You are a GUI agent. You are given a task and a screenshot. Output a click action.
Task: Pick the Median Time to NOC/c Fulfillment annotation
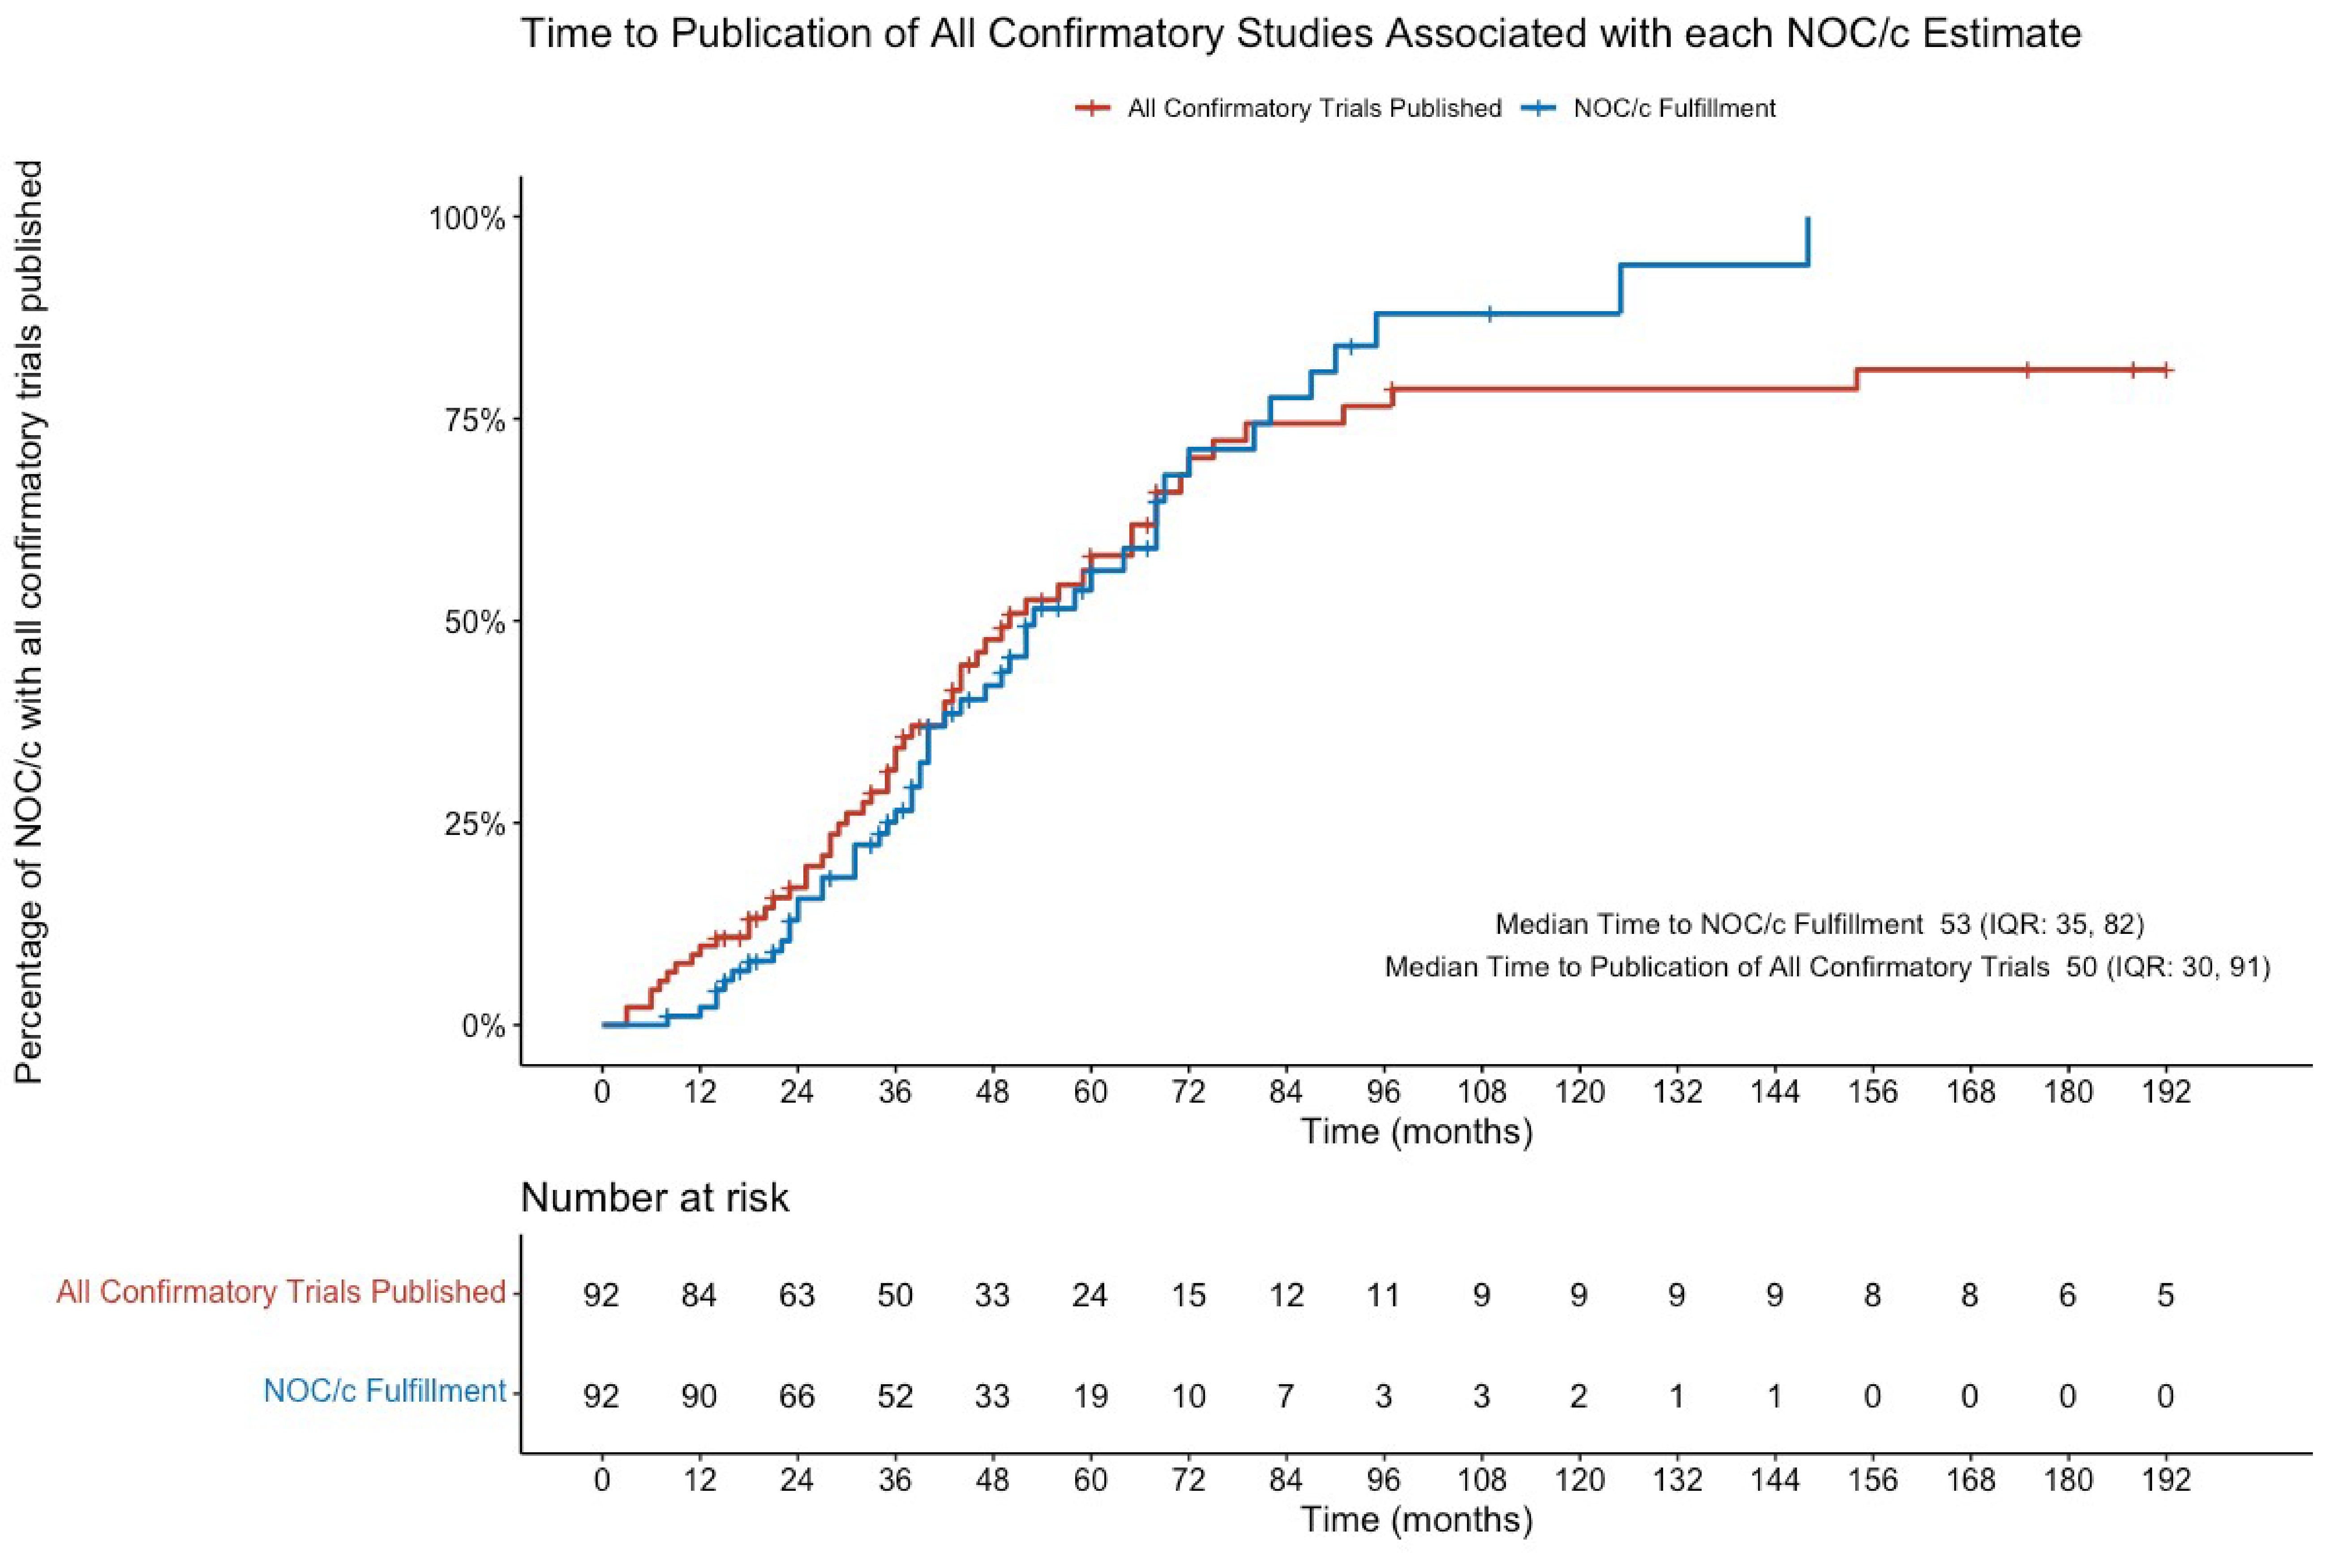click(1819, 924)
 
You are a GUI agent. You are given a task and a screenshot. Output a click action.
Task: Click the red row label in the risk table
click(281, 1292)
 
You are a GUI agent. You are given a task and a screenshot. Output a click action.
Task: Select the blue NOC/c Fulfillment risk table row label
click(384, 1391)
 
